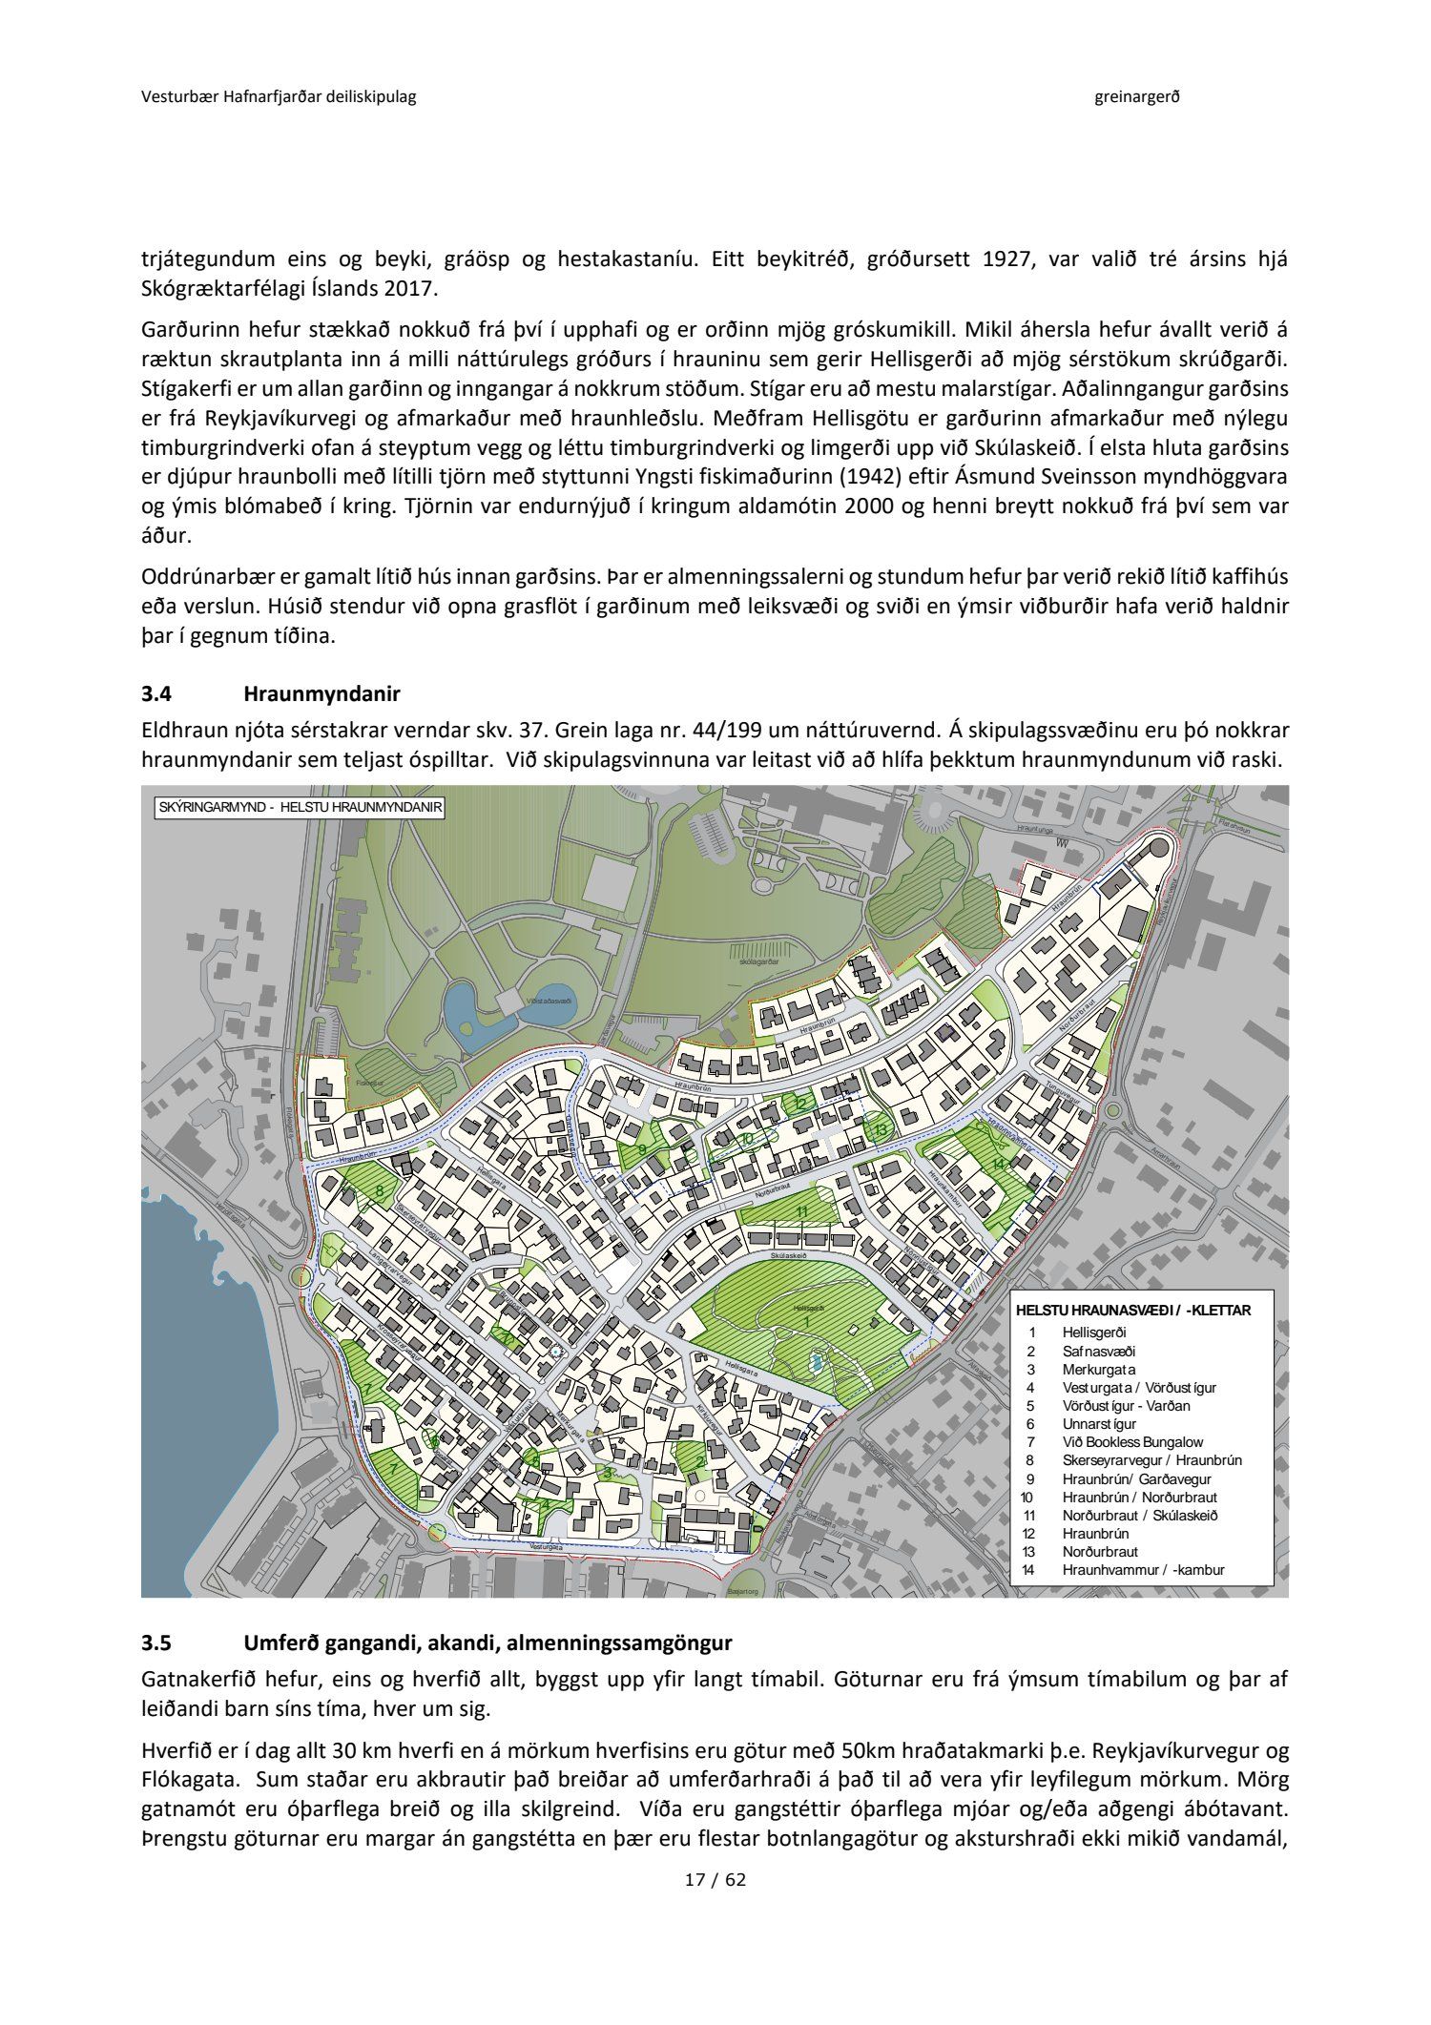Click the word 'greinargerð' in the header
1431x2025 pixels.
tap(1137, 96)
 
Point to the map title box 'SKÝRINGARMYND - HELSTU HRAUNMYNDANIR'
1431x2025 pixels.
tap(301, 807)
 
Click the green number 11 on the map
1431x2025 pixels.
tap(802, 1211)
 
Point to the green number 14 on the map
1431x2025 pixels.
tap(999, 1165)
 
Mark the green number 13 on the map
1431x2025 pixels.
tap(881, 1130)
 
